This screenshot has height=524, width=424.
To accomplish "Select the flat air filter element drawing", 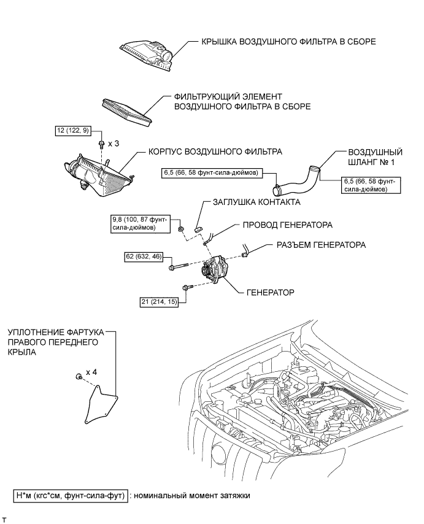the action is coord(126,112).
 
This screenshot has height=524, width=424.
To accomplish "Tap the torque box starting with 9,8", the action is coord(140,223).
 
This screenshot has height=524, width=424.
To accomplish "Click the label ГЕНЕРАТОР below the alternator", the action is coord(271,293).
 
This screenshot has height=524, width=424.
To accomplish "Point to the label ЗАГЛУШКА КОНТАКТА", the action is coord(256,202).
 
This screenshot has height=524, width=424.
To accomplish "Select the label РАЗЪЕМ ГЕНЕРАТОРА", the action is coord(321,245).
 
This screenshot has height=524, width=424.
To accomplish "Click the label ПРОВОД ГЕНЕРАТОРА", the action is coord(287,225).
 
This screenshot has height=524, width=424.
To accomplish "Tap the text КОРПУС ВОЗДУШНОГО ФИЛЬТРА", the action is coord(215,152).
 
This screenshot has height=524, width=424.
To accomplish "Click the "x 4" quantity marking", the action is coord(91,372).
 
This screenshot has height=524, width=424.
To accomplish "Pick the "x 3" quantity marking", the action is coord(114,144).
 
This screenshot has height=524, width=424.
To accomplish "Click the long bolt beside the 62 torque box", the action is coord(179,267).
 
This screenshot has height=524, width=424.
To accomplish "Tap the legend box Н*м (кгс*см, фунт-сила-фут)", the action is coord(71,496).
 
